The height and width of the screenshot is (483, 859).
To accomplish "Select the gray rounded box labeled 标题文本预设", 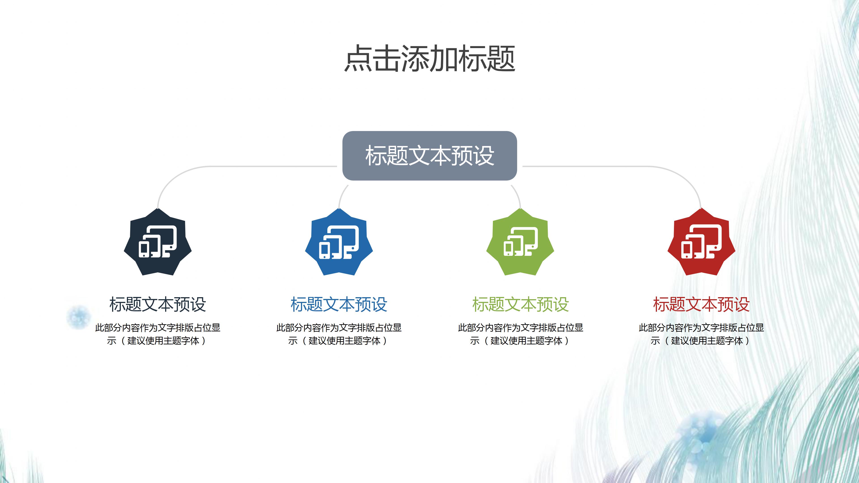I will [430, 156].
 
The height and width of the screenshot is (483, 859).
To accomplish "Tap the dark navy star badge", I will [158, 243].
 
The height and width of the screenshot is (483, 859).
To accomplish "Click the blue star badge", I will [339, 243].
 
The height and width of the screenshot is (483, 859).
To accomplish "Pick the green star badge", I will [520, 243].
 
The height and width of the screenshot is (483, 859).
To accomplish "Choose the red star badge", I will [701, 243].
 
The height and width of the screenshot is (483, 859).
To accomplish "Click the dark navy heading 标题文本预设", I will [158, 304].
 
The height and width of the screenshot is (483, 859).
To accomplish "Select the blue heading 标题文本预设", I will [339, 304].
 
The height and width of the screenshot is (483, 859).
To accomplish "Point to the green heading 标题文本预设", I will [520, 304].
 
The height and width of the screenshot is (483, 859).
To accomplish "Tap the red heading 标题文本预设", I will [701, 304].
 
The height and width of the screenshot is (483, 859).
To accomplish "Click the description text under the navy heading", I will [158, 334].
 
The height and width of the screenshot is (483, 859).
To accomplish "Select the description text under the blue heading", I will [339, 334].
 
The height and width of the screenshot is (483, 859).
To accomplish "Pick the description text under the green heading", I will [520, 334].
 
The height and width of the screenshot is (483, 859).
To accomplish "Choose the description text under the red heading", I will [701, 334].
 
